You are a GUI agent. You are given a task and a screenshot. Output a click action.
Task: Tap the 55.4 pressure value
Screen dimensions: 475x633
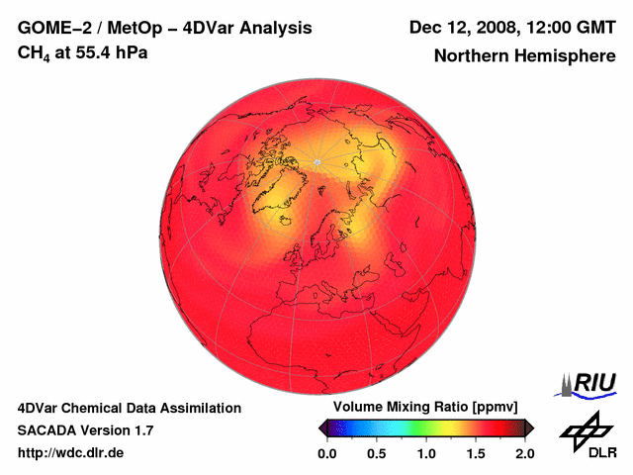(x=99, y=52)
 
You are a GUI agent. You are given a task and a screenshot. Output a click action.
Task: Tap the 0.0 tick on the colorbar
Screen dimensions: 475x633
(x=326, y=453)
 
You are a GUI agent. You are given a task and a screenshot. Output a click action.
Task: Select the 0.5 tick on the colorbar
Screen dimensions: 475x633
(x=376, y=453)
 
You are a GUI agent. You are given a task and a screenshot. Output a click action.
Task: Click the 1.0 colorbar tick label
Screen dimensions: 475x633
(x=426, y=453)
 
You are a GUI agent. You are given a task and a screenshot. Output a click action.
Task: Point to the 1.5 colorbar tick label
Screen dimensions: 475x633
(x=476, y=453)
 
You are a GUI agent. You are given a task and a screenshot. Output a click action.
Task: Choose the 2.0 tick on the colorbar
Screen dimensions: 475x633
(x=524, y=453)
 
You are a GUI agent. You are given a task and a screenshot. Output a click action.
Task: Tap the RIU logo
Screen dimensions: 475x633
(x=589, y=382)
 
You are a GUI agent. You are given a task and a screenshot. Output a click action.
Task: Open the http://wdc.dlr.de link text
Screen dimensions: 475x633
(x=71, y=453)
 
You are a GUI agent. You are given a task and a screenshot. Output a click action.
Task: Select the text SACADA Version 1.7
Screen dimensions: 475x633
(x=85, y=430)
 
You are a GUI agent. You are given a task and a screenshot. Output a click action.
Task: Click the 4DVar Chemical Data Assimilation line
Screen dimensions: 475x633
(x=129, y=408)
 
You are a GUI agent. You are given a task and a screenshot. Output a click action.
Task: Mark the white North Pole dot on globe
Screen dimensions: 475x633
(x=316, y=161)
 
